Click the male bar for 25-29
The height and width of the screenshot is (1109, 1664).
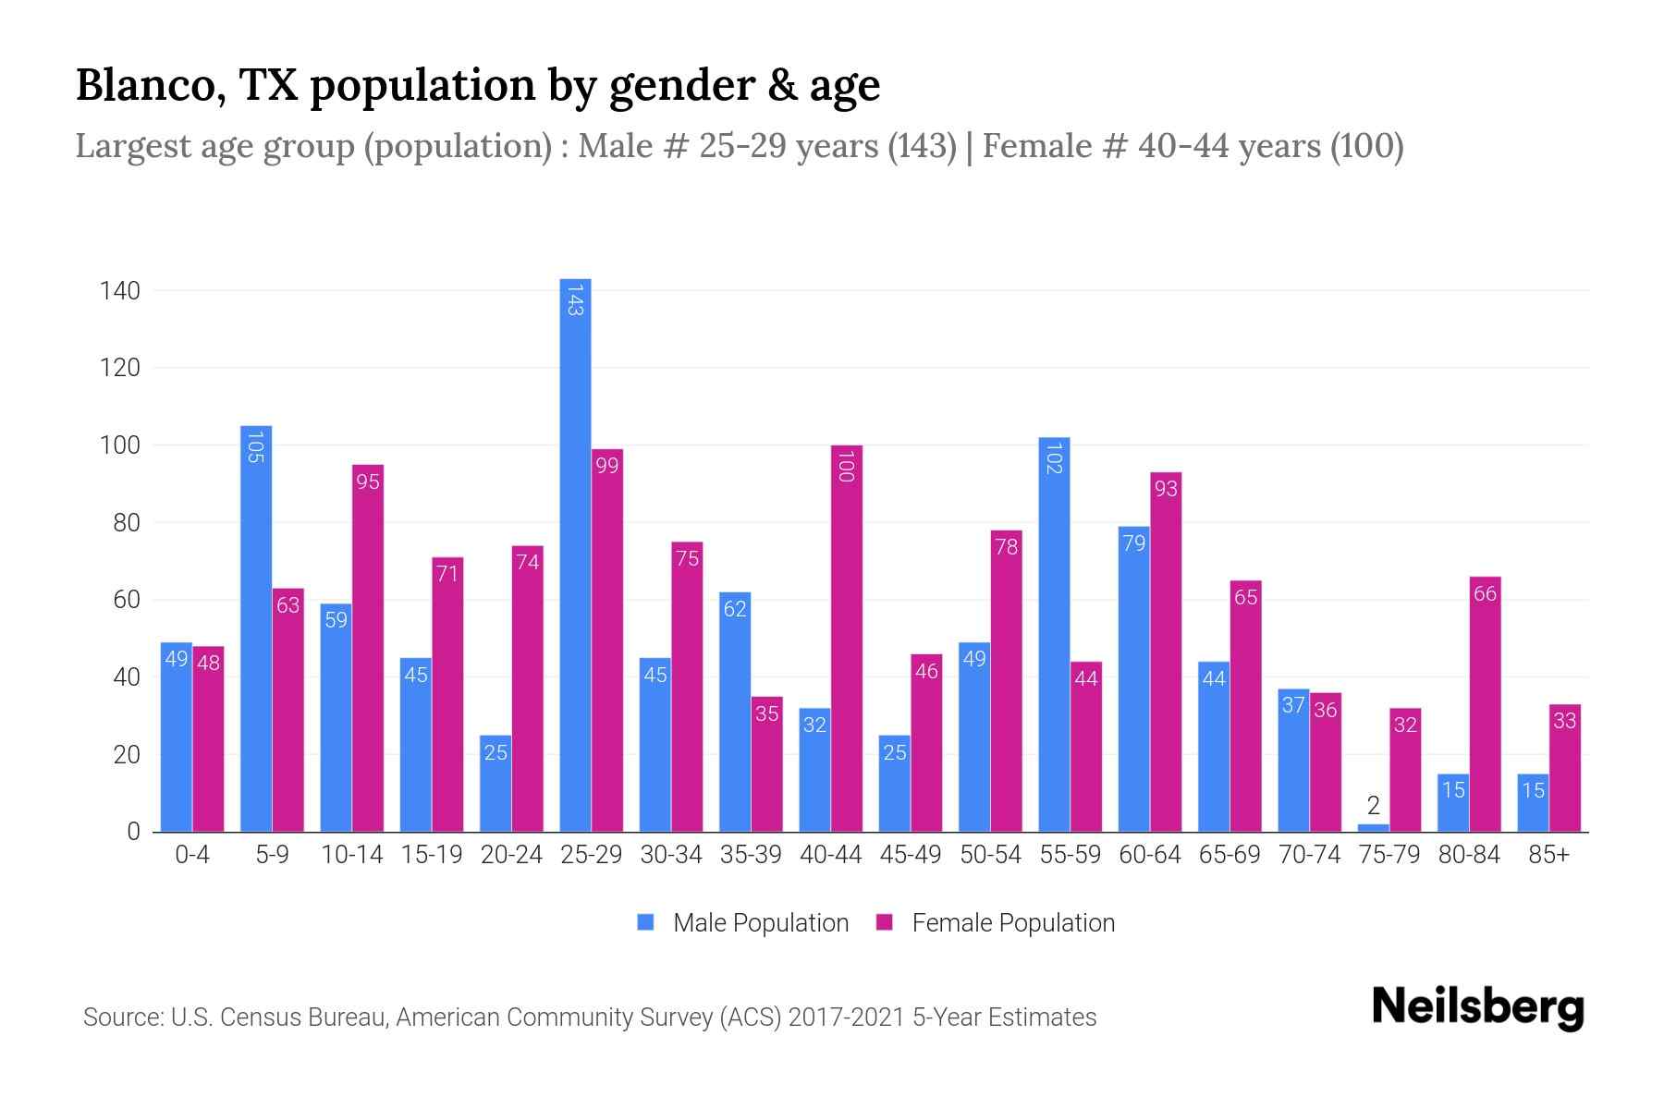pyautogui.click(x=575, y=554)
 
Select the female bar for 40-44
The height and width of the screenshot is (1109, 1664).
pyautogui.click(x=846, y=638)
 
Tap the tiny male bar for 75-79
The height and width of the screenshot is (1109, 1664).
pyautogui.click(x=1373, y=827)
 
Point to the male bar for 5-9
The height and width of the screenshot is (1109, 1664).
pyautogui.click(x=256, y=628)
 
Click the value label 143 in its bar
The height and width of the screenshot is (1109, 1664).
pyautogui.click(x=575, y=300)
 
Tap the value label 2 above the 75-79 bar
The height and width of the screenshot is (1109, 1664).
pyautogui.click(x=1373, y=806)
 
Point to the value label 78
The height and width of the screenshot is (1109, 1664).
pyautogui.click(x=1006, y=547)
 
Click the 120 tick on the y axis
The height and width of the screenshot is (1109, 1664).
pyautogui.click(x=120, y=368)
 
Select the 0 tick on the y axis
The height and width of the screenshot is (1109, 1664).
pyautogui.click(x=133, y=832)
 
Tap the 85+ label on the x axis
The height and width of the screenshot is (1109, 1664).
pyautogui.click(x=1548, y=855)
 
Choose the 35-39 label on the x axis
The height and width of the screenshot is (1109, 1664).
pyautogui.click(x=751, y=855)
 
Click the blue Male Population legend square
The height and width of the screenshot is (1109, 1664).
pyautogui.click(x=645, y=922)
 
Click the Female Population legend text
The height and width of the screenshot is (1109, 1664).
pyautogui.click(x=1013, y=922)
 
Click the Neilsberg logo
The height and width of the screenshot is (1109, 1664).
pyautogui.click(x=1477, y=1007)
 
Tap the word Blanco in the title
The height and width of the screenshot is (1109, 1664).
pyautogui.click(x=152, y=85)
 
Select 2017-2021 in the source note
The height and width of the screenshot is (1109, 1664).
pyautogui.click(x=846, y=1018)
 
